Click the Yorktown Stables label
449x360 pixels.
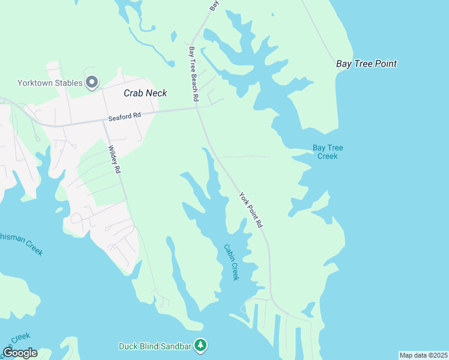tap(50, 83)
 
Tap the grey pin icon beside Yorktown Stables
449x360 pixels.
tap(92, 82)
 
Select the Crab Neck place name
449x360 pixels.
tap(145, 93)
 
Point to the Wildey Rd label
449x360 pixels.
tap(113, 160)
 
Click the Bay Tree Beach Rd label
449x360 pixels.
tap(194, 73)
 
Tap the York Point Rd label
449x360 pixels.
tap(251, 209)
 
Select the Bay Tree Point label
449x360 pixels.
tap(366, 64)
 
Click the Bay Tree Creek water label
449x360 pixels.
tap(328, 152)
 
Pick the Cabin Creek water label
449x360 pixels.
tap(231, 262)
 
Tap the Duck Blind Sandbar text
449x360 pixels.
tap(155, 346)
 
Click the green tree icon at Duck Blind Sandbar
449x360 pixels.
tap(201, 346)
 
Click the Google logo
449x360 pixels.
tap(20, 353)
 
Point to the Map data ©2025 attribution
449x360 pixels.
tap(423, 355)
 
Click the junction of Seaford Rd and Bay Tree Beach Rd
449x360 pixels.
tap(197, 109)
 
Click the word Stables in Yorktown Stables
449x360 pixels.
tap(67, 83)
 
